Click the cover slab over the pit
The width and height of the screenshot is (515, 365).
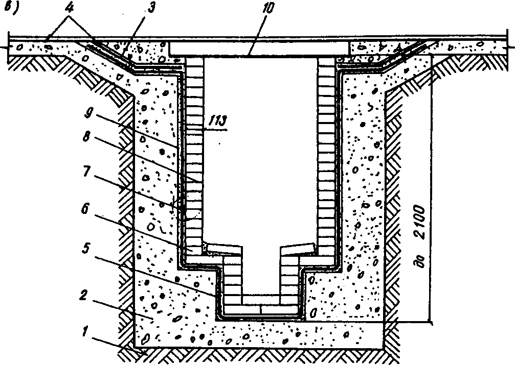click(x=259, y=49)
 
